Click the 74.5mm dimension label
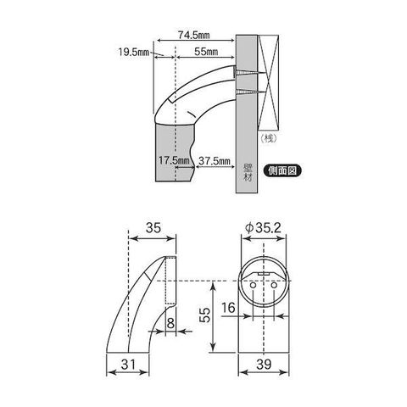click(x=193, y=35)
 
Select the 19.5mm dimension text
click(x=133, y=52)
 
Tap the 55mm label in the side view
click(x=206, y=52)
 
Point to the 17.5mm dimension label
click(x=174, y=160)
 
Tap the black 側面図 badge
click(x=282, y=170)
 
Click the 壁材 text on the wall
click(x=247, y=172)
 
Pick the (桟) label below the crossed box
click(x=268, y=138)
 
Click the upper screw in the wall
click(x=249, y=73)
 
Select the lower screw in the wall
click(x=249, y=92)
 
